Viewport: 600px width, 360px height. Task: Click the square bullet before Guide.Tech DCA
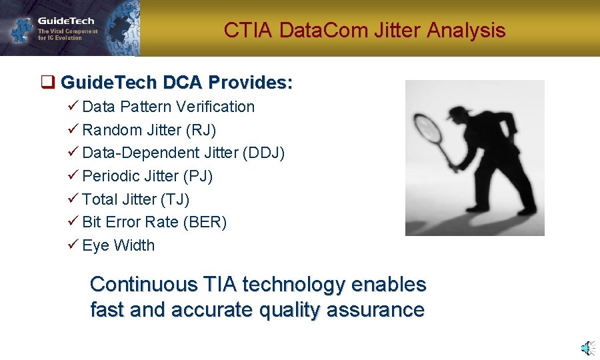[47, 83]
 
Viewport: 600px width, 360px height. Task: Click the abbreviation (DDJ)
[265, 153]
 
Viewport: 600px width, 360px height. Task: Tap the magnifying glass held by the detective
[431, 130]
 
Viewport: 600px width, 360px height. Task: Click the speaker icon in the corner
[587, 347]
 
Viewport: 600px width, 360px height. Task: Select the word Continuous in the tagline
[143, 285]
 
